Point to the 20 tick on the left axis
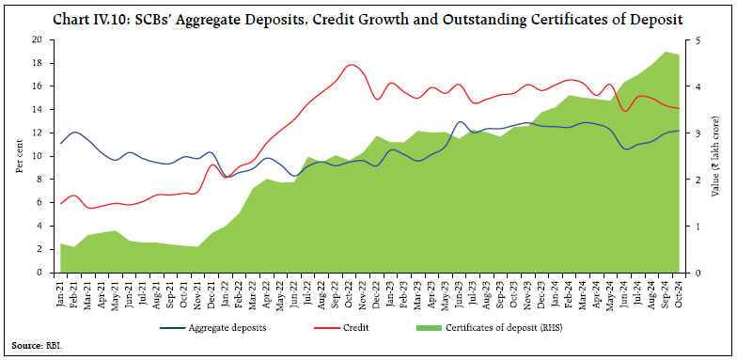(38, 39)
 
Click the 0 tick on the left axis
(40, 273)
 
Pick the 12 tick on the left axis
(38, 133)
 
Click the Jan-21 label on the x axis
(61, 290)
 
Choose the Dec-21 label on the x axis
(212, 290)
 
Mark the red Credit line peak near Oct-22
(351, 65)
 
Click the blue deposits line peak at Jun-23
(460, 121)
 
